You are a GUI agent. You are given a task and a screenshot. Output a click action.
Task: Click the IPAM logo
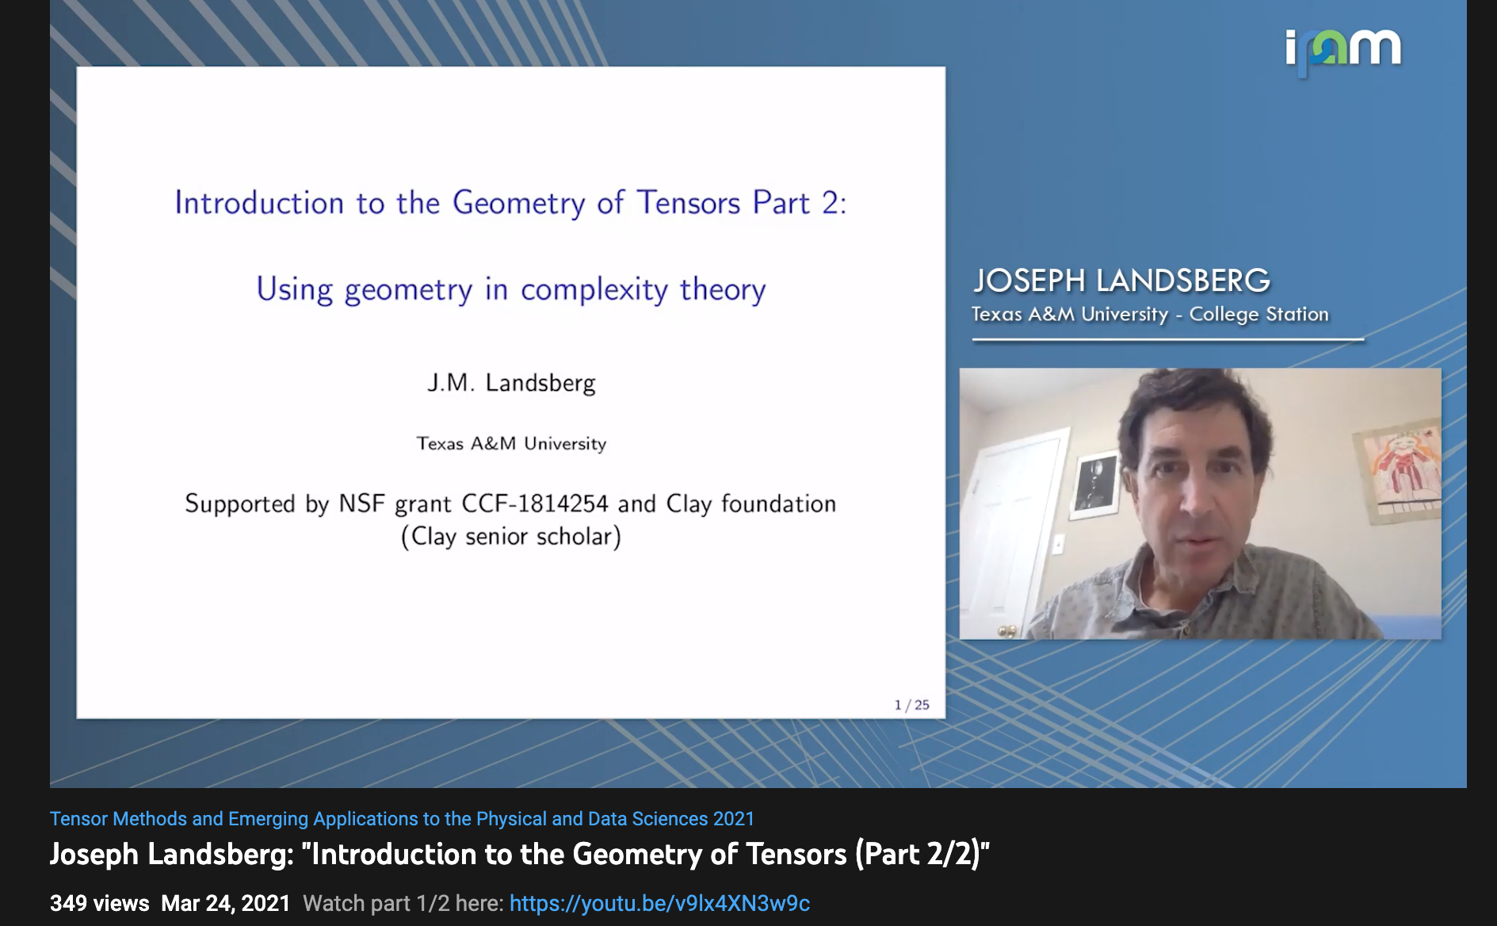coord(1343,51)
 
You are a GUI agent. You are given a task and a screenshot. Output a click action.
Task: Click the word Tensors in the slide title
coord(689,203)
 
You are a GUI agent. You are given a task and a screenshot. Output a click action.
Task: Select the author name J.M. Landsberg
coord(511,383)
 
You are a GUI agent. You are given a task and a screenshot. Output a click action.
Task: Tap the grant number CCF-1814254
coord(535,503)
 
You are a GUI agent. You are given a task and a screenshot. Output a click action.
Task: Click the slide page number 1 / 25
coord(912,705)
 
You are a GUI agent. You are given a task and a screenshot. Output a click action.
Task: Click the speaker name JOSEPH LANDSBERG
coord(1121,281)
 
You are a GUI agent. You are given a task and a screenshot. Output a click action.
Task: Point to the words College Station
coord(1258,314)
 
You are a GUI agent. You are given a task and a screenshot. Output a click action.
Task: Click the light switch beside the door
coord(1057,544)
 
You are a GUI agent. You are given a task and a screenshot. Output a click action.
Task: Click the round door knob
coord(1006,631)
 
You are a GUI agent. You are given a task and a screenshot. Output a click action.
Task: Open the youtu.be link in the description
coord(659,904)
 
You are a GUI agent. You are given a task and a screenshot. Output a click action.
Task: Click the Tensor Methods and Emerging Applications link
coord(402,819)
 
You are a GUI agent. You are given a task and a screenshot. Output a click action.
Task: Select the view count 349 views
coord(100,904)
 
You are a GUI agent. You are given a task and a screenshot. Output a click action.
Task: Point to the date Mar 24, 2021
coord(226,904)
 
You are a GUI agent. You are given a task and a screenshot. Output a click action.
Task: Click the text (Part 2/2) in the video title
coord(922,855)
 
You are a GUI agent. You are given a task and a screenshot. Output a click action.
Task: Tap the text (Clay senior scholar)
coord(511,537)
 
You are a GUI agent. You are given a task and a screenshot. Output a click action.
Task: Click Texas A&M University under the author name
coord(512,444)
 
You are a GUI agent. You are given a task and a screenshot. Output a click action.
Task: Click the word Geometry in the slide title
coord(519,204)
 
